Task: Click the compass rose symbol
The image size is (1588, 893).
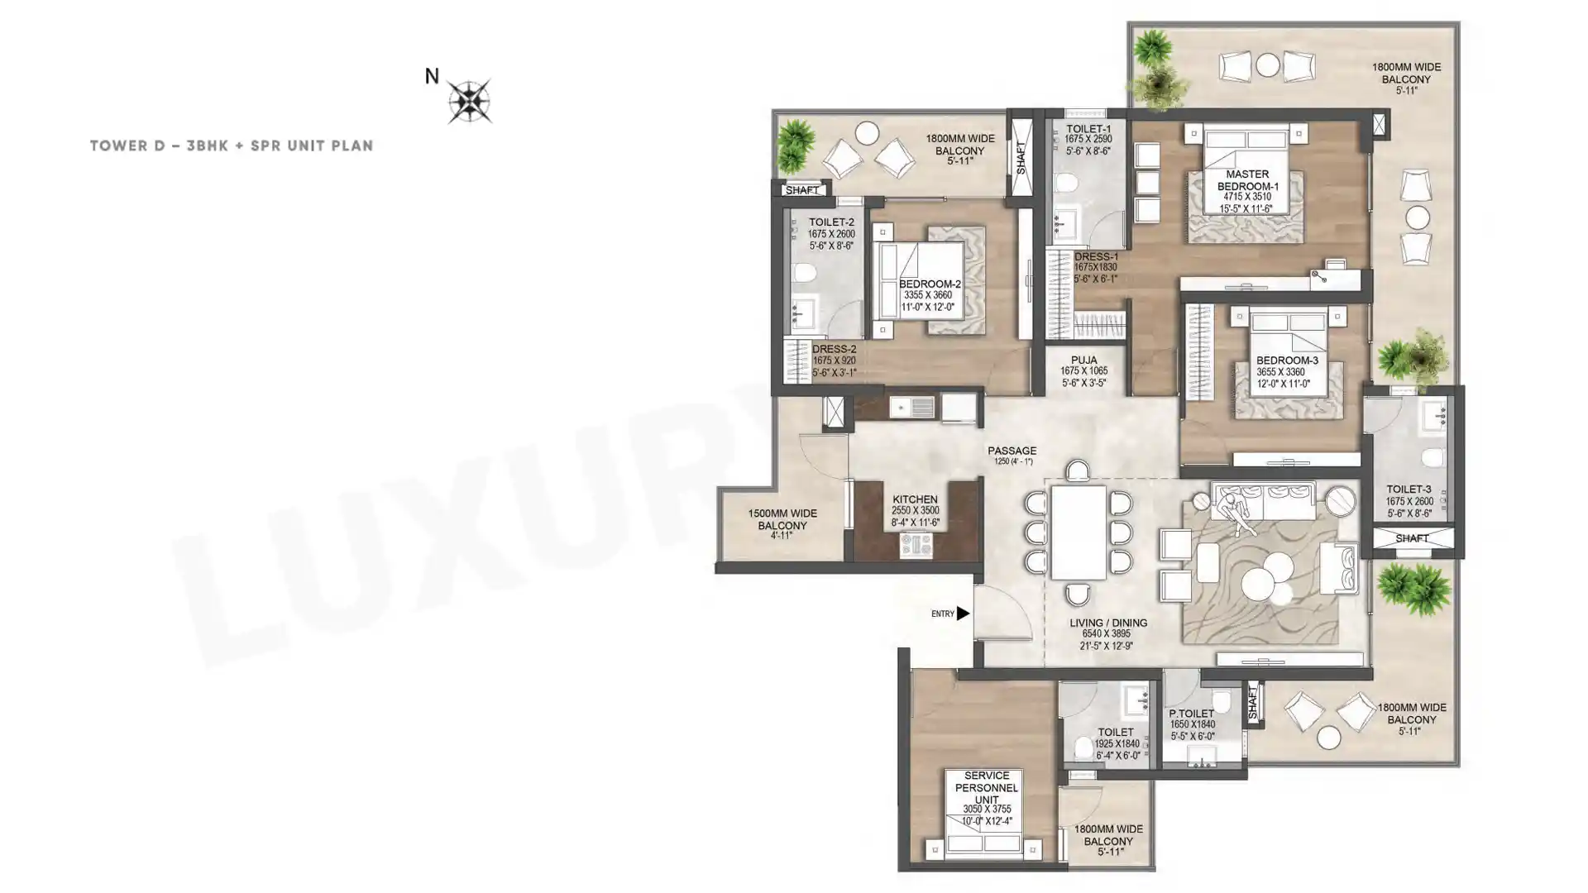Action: [470, 101]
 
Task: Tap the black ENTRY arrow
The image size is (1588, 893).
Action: [963, 614]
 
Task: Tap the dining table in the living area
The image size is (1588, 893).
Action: [1079, 532]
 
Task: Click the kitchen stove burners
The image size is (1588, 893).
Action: [916, 545]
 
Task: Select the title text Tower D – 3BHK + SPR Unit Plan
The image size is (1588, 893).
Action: [232, 146]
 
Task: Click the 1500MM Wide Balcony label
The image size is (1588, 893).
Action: [782, 524]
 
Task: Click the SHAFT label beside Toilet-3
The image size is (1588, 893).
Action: [1412, 538]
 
